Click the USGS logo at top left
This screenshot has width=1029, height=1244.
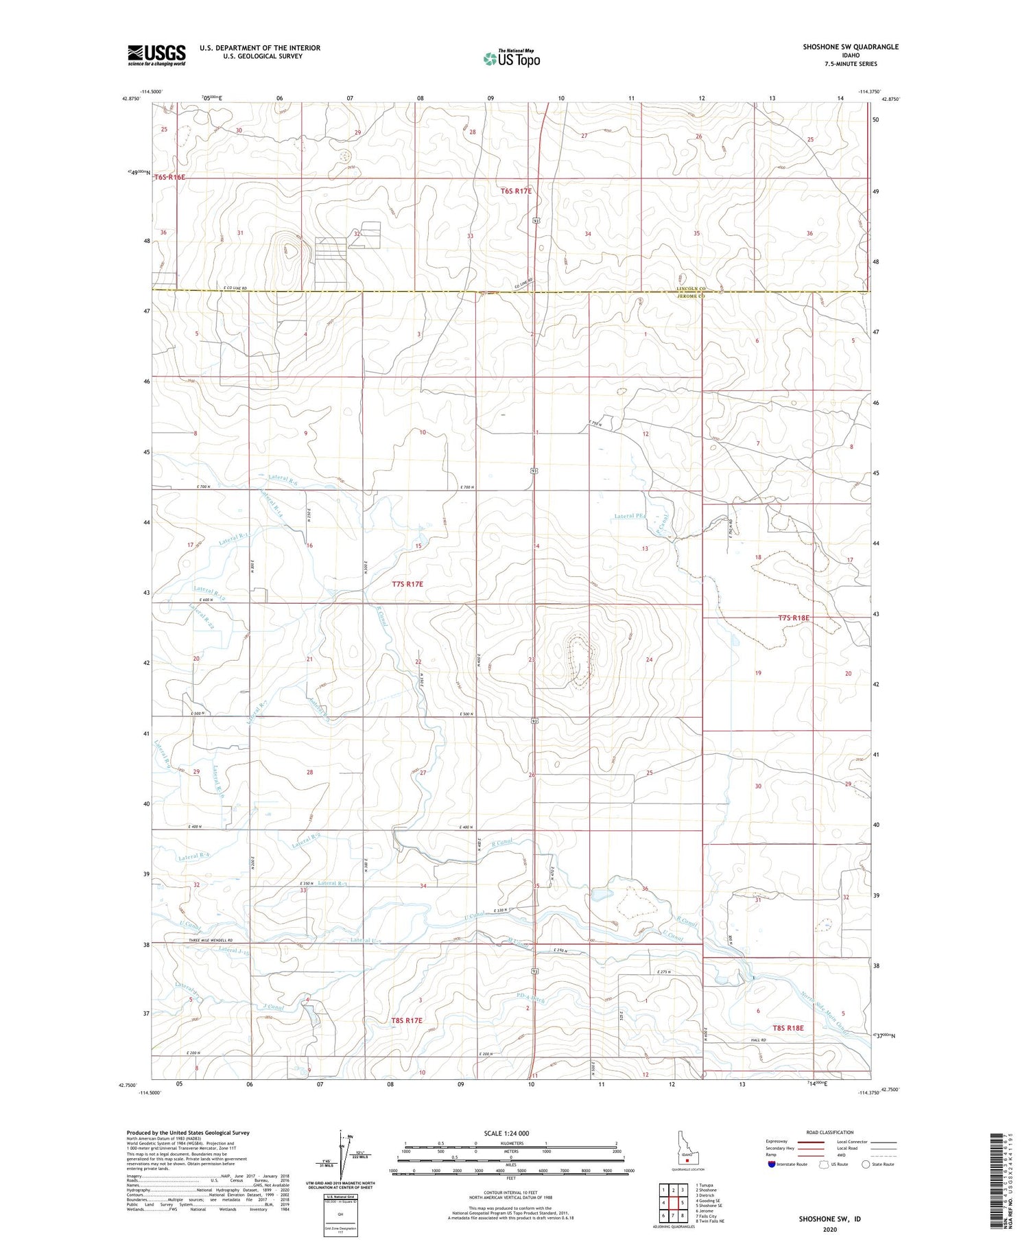click(156, 55)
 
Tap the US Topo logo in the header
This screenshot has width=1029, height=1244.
click(511, 59)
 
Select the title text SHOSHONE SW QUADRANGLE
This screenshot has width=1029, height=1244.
click(851, 47)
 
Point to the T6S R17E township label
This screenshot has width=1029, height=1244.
click(516, 191)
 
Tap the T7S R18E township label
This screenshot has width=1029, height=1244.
click(794, 618)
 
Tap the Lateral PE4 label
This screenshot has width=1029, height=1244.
click(630, 516)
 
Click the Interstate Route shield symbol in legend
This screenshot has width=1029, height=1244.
click(772, 1164)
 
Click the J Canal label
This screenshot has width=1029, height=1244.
click(274, 1007)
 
